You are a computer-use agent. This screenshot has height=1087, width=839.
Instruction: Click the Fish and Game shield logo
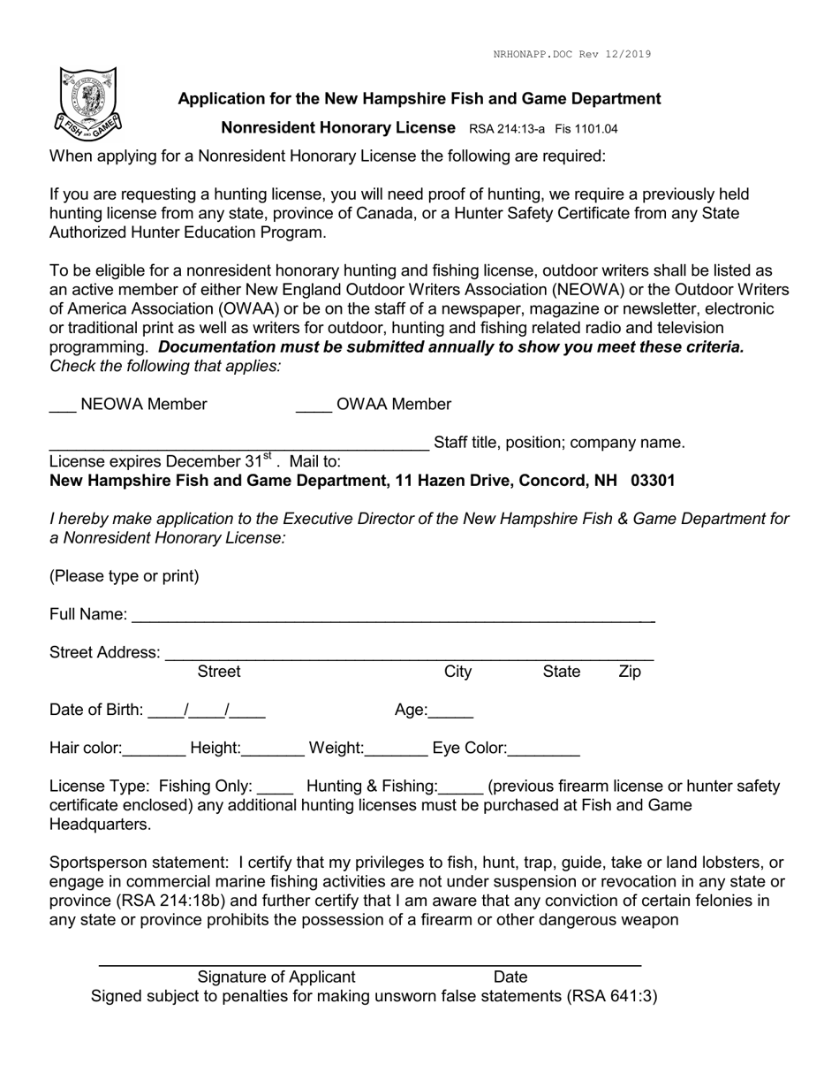88,104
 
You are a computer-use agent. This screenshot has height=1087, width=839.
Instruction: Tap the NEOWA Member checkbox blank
62,409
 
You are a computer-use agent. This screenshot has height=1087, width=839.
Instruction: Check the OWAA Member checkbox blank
314,409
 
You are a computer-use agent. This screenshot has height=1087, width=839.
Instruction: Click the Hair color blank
155,754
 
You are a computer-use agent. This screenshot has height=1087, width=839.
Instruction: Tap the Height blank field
273,754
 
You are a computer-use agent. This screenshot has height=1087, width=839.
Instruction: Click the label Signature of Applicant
276,977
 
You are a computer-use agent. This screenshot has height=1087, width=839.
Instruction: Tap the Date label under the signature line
510,977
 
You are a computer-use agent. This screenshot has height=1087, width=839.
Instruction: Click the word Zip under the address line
630,673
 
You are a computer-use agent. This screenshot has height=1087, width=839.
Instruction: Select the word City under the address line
457,673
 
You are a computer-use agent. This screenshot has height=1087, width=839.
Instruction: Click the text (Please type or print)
125,577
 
